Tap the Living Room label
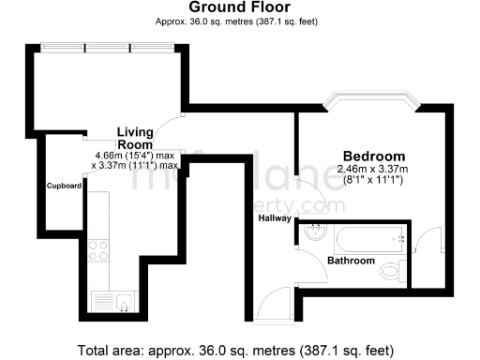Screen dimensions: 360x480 [x=135, y=138]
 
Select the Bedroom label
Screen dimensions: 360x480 [x=373, y=156]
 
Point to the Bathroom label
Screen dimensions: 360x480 [x=351, y=260]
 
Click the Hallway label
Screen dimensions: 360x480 [x=275, y=218]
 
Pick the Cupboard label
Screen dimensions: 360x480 [x=65, y=186]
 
